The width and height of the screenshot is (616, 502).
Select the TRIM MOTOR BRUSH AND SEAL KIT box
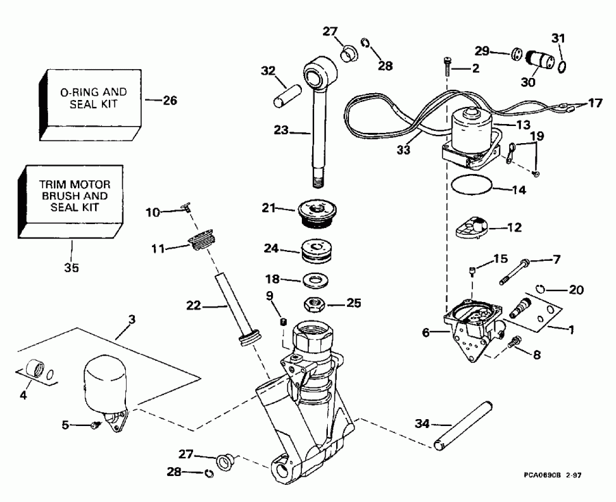click(74, 199)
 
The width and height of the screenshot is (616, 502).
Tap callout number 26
click(170, 100)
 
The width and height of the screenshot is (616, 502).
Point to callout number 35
click(71, 268)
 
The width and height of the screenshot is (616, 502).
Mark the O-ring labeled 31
click(561, 67)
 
